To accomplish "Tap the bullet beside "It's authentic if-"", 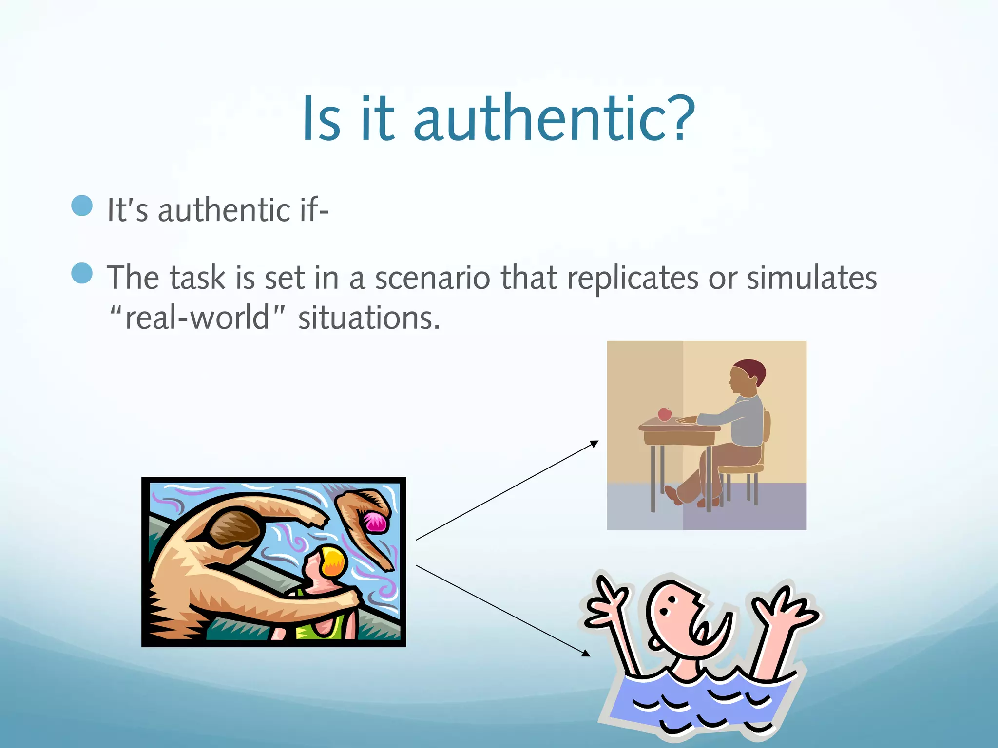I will pyautogui.click(x=82, y=206).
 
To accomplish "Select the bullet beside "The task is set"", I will pyautogui.click(x=82, y=273).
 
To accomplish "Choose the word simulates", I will pyautogui.click(x=812, y=278).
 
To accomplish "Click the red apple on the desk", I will pyautogui.click(x=664, y=414).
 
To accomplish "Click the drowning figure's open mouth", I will pyautogui.click(x=707, y=629).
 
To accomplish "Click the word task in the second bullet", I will pyautogui.click(x=197, y=278).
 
